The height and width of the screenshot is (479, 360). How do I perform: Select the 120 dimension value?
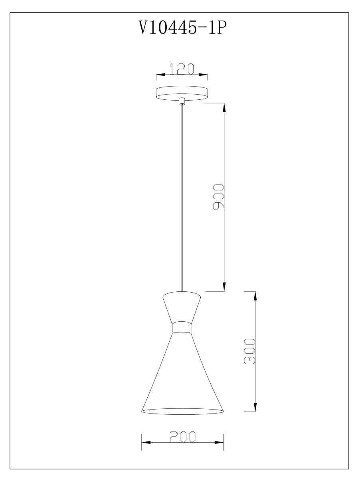[182, 69]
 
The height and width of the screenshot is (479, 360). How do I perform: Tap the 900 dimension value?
[218, 197]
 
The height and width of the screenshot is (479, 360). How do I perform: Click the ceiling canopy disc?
[182, 93]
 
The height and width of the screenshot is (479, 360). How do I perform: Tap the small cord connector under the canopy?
[182, 102]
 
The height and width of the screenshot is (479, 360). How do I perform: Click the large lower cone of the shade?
[182, 375]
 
